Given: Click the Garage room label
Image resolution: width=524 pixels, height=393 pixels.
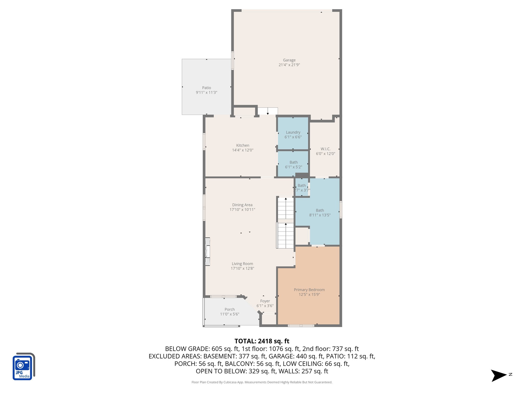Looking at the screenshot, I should coord(289,60).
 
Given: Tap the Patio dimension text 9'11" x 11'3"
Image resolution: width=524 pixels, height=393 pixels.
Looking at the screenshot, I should coord(206,92).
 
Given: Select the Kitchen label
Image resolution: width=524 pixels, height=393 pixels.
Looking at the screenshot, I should coord(243,145).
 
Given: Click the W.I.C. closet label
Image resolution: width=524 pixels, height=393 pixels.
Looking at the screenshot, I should coord(325,149).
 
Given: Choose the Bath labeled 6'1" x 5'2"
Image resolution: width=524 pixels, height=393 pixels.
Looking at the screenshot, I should coord(293,164).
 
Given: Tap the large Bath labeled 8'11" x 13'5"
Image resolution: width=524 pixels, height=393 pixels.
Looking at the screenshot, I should coord(320,212).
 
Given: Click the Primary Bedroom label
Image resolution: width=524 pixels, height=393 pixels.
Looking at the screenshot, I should coord(309,290).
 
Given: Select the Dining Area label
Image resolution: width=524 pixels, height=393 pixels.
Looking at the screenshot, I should coord(242,205).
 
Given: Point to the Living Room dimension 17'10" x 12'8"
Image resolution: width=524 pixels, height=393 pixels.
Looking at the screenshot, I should coord(242,268).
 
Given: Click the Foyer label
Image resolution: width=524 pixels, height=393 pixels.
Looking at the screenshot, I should coord(265,301).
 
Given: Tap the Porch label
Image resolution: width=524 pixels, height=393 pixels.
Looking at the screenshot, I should coord(230,309).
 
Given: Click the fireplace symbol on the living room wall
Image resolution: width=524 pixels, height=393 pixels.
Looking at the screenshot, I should coord(208,252).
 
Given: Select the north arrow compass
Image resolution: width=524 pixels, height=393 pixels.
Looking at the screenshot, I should coord(499,375).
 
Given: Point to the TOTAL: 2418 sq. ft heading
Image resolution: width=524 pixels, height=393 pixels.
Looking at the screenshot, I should coord(262,341).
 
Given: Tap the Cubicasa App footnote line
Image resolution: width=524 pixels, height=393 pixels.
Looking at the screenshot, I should coord(262,382).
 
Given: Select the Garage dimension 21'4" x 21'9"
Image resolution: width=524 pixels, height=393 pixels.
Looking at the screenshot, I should coord(289,65).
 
